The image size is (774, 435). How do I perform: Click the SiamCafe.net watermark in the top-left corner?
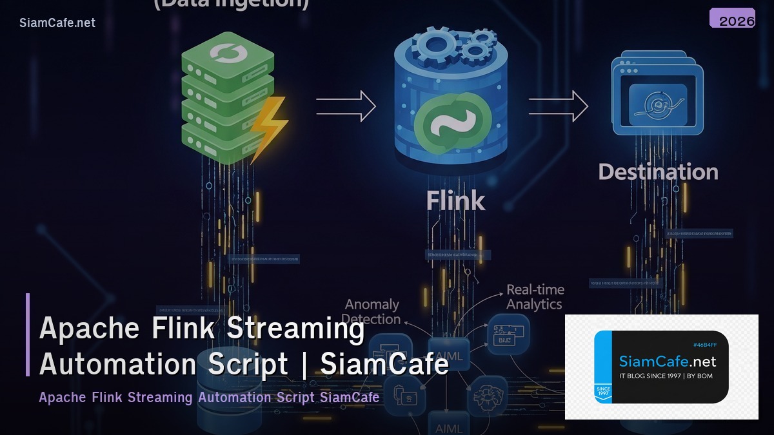[57, 23]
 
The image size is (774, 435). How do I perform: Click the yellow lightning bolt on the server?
[267, 126]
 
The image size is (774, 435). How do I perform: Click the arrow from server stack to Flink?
[346, 106]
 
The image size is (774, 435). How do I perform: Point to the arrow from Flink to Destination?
[558, 106]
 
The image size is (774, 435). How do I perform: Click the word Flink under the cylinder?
[455, 201]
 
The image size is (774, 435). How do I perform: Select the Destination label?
[658, 172]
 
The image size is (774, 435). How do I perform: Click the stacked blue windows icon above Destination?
[657, 97]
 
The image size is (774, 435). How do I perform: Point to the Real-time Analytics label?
[535, 297]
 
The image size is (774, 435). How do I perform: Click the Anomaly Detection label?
[372, 311]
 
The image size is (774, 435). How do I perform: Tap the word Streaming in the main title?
[297, 329]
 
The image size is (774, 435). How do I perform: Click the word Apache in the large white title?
[90, 329]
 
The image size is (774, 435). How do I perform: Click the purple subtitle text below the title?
[209, 397]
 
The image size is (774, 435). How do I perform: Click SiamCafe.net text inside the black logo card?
[667, 362]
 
